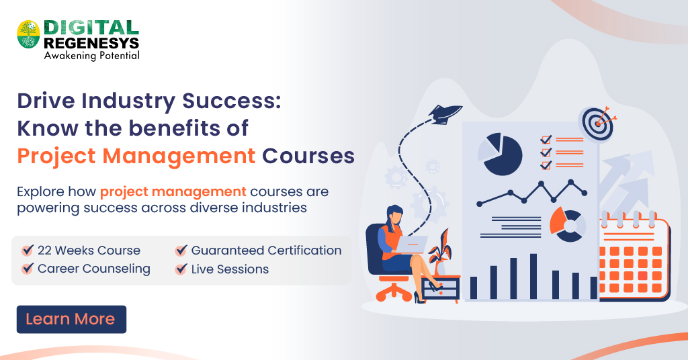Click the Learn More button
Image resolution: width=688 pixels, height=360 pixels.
71,319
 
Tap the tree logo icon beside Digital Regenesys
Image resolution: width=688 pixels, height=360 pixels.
28,34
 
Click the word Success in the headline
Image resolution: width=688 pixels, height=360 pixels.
224,102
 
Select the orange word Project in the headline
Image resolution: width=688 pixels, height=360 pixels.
64,156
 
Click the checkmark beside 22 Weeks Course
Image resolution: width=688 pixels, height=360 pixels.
28,251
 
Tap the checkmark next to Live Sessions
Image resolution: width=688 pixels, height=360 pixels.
181,269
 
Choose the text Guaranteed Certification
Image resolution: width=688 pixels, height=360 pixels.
266,251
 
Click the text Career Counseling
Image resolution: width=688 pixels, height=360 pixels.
94,269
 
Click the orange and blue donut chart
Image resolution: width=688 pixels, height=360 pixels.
567,224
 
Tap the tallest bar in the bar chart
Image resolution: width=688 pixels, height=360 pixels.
533,276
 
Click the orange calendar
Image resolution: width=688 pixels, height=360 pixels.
634,259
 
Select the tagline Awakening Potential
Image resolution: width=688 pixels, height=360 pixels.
91,56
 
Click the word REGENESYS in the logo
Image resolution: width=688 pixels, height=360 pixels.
91,43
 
